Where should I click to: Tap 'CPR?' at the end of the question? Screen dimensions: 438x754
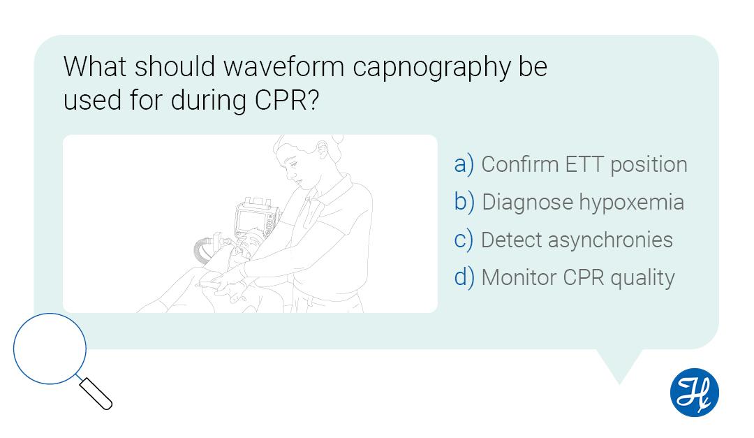pyautogui.click(x=285, y=101)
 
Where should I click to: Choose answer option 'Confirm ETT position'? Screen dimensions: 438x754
pyautogui.click(x=584, y=164)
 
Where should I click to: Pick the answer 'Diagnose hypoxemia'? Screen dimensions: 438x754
pyautogui.click(x=583, y=202)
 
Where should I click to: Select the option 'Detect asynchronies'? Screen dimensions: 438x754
pyautogui.click(x=577, y=240)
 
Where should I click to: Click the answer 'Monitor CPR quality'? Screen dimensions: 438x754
pyautogui.click(x=577, y=277)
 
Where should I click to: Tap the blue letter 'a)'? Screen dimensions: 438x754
pyautogui.click(x=464, y=164)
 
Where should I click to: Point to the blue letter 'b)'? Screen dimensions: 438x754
pyautogui.click(x=464, y=202)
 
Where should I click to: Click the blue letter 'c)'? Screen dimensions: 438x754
pyautogui.click(x=464, y=240)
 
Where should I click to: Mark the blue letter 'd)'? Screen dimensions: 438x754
pyautogui.click(x=464, y=277)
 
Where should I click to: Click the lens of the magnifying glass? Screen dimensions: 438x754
pyautogui.click(x=50, y=348)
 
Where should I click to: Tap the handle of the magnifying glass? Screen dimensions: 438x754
pyautogui.click(x=96, y=393)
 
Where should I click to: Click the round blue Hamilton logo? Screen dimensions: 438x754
pyautogui.click(x=694, y=392)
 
